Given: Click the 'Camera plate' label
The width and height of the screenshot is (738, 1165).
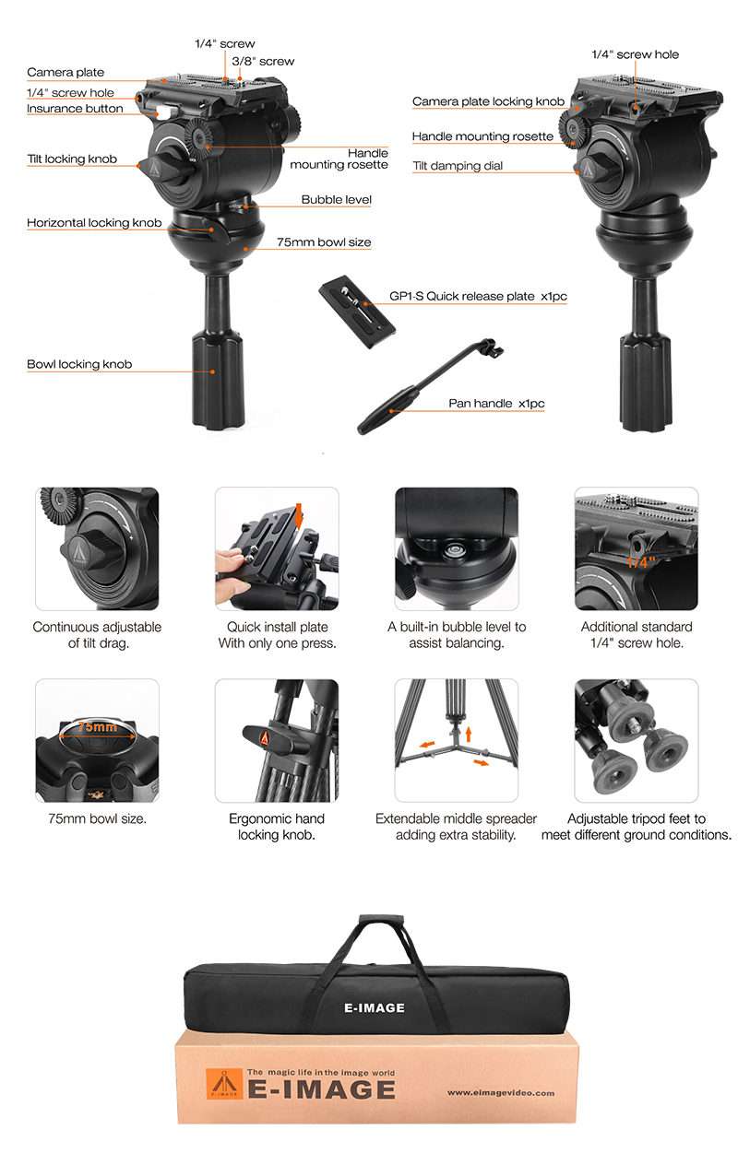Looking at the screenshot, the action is (x=65, y=72).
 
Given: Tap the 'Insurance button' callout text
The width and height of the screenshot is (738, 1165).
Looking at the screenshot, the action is (x=75, y=109).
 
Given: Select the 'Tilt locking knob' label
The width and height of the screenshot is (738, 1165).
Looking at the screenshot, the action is (x=72, y=159).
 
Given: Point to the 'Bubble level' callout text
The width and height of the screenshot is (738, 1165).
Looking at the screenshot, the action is (x=336, y=200).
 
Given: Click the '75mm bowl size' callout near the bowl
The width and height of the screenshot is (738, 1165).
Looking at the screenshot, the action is (x=324, y=242).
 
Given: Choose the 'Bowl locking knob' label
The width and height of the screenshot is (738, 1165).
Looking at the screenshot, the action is (x=79, y=364).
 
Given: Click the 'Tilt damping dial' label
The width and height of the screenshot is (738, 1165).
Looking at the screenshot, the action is (x=458, y=166).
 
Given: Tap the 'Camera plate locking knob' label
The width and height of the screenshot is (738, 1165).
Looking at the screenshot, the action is (x=488, y=101).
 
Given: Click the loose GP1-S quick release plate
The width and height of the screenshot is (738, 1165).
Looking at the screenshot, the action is (x=357, y=312).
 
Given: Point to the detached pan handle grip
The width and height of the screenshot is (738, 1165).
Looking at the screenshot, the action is (x=387, y=410).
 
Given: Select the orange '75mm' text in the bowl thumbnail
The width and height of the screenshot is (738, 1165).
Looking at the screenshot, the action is (x=98, y=726).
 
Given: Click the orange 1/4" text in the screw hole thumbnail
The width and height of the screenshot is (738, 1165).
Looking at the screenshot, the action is (x=640, y=562).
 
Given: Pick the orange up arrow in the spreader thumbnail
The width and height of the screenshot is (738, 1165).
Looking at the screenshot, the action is (x=469, y=734).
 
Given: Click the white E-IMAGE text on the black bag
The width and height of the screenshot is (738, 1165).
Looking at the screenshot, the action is (x=375, y=1008).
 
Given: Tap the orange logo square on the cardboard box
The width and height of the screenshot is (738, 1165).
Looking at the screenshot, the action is (x=224, y=1084).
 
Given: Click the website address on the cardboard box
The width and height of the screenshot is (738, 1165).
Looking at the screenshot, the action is (x=501, y=1093).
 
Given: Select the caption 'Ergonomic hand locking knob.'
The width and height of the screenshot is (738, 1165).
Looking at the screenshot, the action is (x=277, y=827).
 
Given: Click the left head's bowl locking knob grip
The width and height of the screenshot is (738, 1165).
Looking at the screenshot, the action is (x=218, y=380).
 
